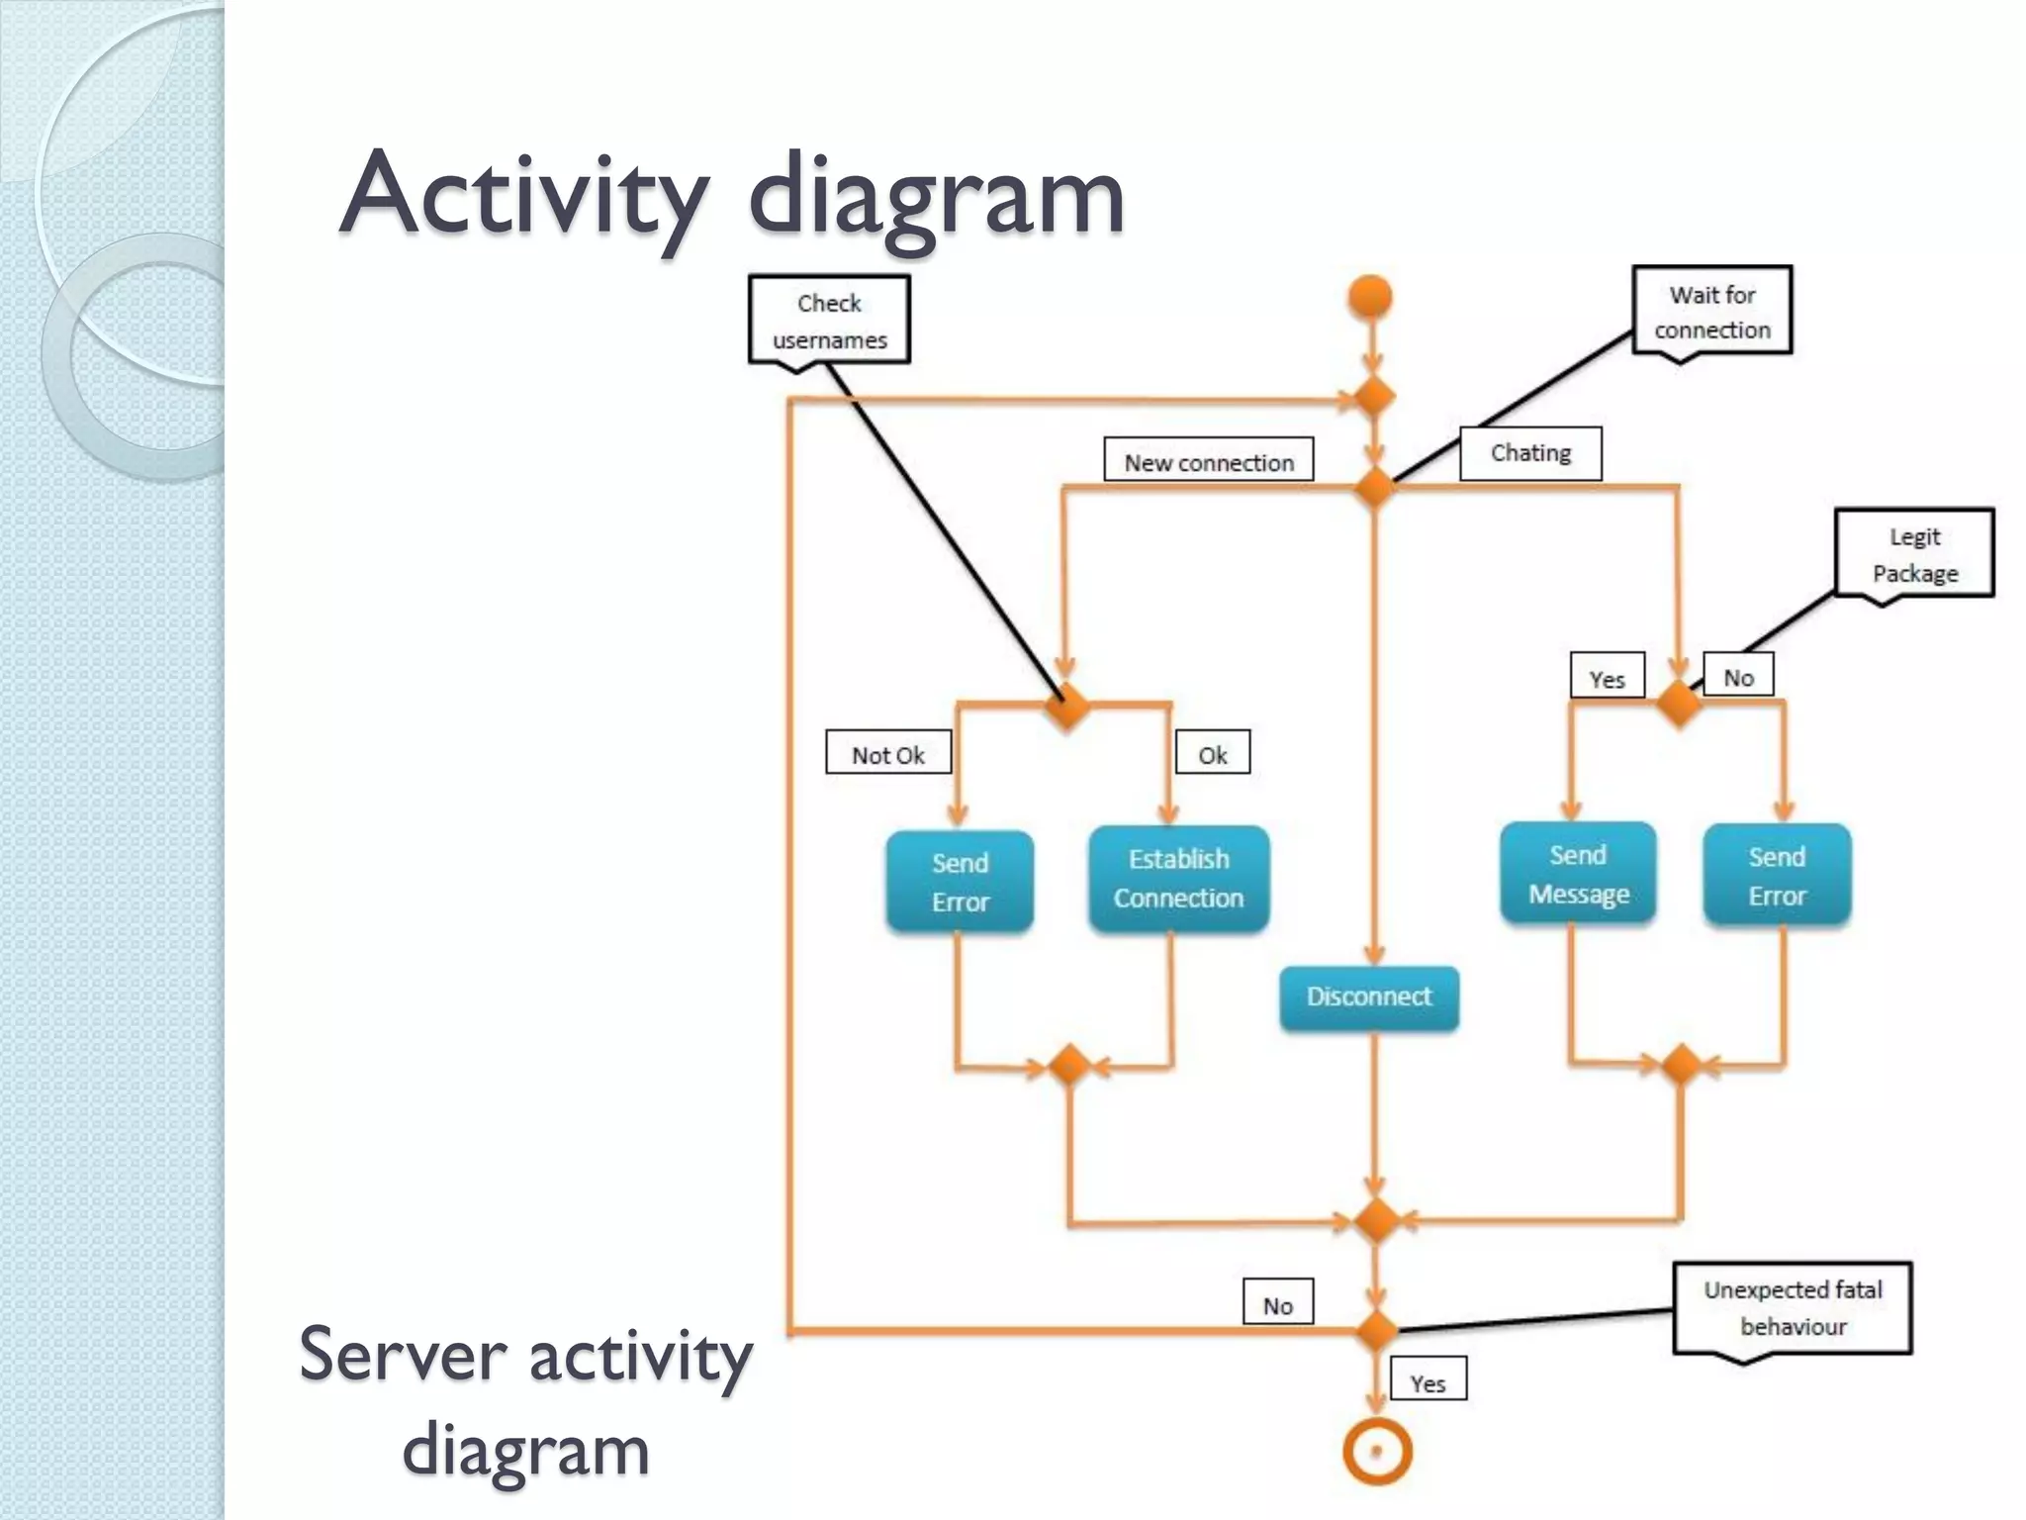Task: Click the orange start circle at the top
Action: point(1370,297)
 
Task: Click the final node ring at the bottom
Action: point(1376,1453)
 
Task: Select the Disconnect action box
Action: point(1369,997)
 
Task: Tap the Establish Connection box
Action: point(1178,879)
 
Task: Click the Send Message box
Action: point(1578,875)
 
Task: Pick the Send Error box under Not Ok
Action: point(960,882)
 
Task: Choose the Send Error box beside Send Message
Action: point(1777,876)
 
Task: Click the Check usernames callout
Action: point(829,321)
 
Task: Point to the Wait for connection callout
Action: point(1711,312)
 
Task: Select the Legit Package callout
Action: point(1914,554)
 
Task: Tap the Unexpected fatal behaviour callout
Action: point(1793,1308)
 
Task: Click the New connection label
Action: point(1209,461)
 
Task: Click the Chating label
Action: point(1530,453)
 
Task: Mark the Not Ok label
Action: point(888,755)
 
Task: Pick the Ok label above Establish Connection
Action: point(1212,755)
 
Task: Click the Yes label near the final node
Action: point(1427,1382)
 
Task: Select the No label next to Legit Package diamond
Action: point(1738,678)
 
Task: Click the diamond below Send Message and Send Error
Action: point(1680,1065)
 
